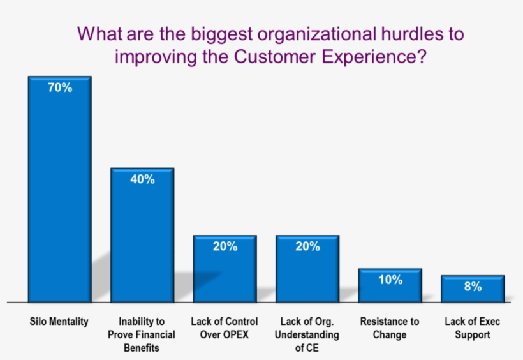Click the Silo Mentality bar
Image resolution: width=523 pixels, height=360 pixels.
click(60, 190)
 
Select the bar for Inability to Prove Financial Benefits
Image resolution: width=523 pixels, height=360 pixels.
click(142, 235)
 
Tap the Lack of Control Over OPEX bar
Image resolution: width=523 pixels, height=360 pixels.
click(225, 269)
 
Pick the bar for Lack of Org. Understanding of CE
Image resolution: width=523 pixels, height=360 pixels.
click(307, 269)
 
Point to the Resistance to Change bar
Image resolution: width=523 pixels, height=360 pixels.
click(390, 285)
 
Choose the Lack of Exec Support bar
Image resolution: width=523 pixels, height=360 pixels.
click(473, 289)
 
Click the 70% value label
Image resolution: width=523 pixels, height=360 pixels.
click(60, 87)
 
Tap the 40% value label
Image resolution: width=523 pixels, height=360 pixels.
click(142, 179)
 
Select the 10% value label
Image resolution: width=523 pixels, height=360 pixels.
click(390, 280)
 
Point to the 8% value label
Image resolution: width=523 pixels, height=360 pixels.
click(473, 287)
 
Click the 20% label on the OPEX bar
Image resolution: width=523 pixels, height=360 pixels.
click(225, 246)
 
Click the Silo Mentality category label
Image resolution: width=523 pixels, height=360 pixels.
click(59, 322)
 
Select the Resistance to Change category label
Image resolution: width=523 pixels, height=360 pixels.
click(390, 328)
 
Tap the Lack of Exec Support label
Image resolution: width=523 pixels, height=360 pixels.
click(473, 328)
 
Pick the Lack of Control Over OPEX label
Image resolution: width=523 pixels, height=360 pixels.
click(225, 328)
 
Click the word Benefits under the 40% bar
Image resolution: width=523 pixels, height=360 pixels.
click(142, 348)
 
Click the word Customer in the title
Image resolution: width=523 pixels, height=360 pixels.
click(275, 56)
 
